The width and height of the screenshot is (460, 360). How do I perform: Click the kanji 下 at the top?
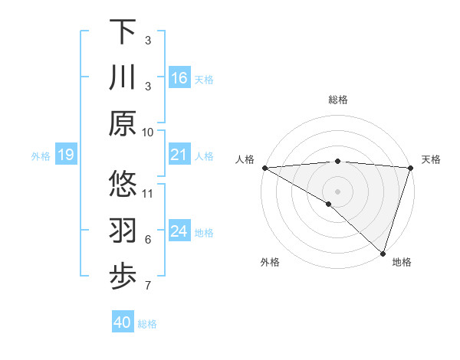point(123,31)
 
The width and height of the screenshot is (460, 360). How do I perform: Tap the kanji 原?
point(123,123)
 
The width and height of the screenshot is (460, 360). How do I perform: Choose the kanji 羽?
point(123,231)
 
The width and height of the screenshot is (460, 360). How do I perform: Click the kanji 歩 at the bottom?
point(123,277)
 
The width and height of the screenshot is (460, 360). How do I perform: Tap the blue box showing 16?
point(179,77)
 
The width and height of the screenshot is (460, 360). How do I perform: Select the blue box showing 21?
point(179,155)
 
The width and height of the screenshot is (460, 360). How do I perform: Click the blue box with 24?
point(179,231)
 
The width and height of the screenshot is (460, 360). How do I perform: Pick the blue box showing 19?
point(65,155)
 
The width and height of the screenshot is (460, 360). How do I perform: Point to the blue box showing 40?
point(123,322)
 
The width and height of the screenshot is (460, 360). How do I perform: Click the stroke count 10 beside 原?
point(148,132)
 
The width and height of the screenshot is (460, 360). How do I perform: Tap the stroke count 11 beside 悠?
point(148,193)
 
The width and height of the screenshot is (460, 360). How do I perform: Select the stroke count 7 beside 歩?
point(148,286)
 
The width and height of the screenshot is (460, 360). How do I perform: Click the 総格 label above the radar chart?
point(338,100)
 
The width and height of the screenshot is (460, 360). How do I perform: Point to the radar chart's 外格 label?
point(270,262)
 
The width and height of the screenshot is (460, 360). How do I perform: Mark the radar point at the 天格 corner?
point(411,167)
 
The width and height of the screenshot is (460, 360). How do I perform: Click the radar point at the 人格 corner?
point(264,167)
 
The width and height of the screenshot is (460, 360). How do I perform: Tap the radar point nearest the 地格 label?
point(383,253)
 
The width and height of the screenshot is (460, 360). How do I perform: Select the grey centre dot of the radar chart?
point(338,191)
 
